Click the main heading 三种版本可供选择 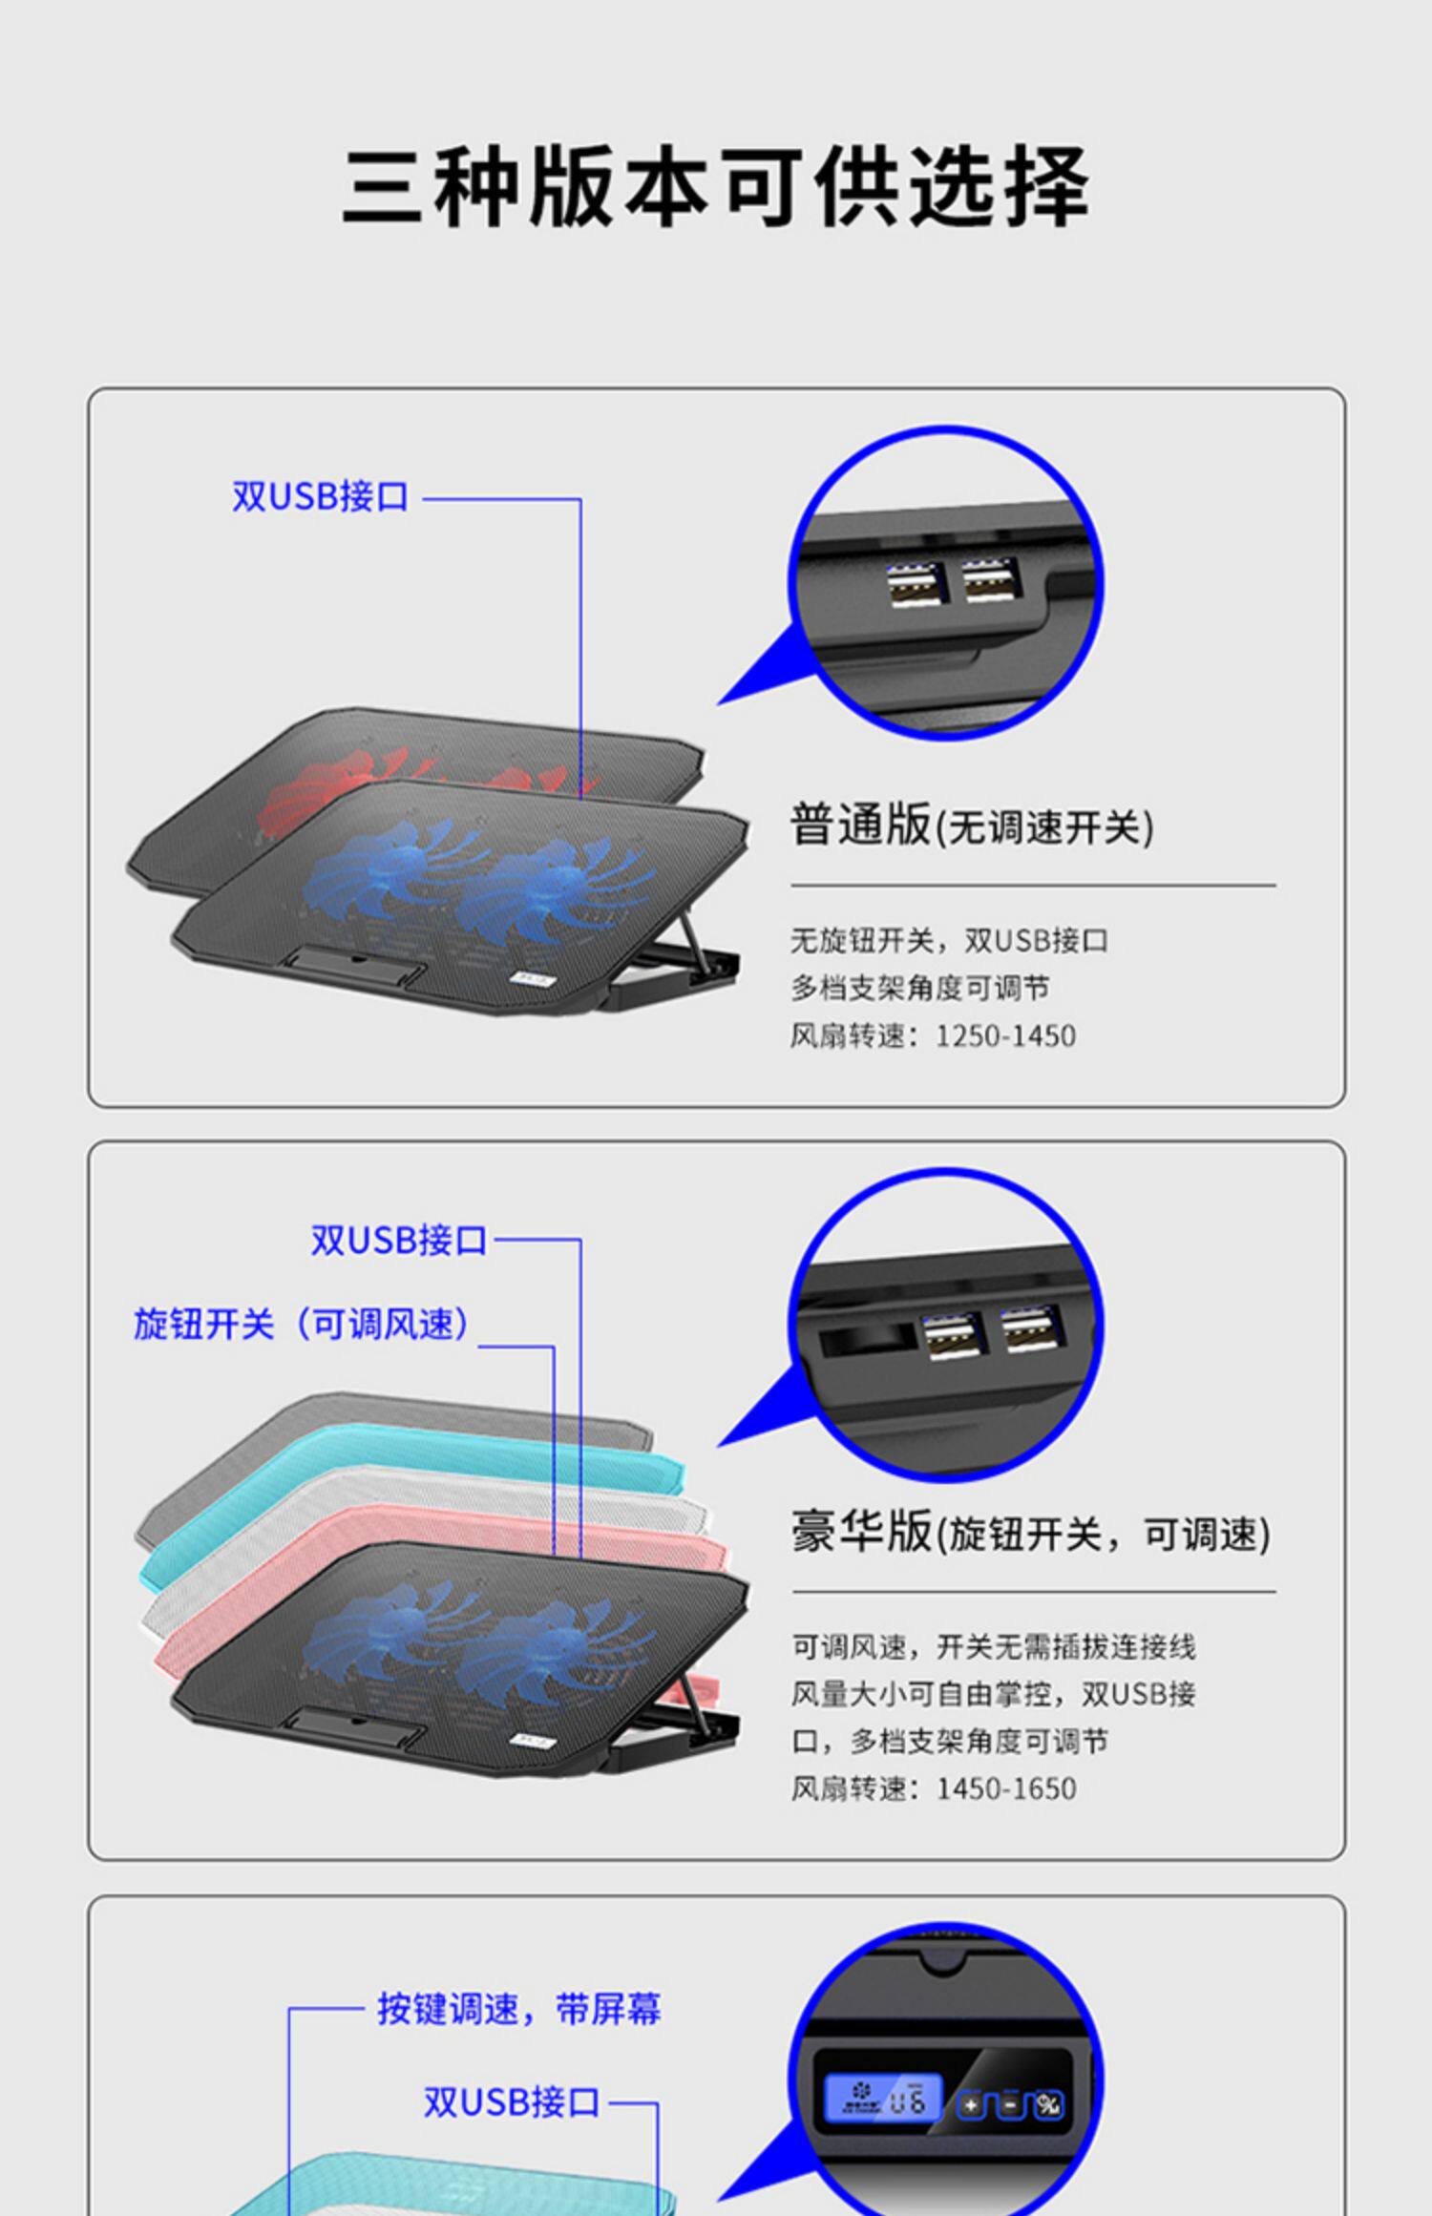[716, 186]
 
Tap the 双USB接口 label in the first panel [321, 497]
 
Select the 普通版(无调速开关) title [971, 826]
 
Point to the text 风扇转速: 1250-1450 [933, 1035]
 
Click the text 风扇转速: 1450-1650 [933, 1788]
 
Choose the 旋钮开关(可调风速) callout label [302, 1325]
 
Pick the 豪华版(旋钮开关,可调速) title [1030, 1534]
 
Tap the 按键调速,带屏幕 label [518, 2009]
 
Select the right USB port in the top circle [991, 579]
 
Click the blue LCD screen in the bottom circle [882, 2100]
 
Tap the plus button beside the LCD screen [971, 2105]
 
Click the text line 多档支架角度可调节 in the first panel [919, 988]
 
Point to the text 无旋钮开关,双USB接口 [948, 941]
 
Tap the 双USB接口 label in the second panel [399, 1241]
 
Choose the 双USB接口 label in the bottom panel [512, 2102]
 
